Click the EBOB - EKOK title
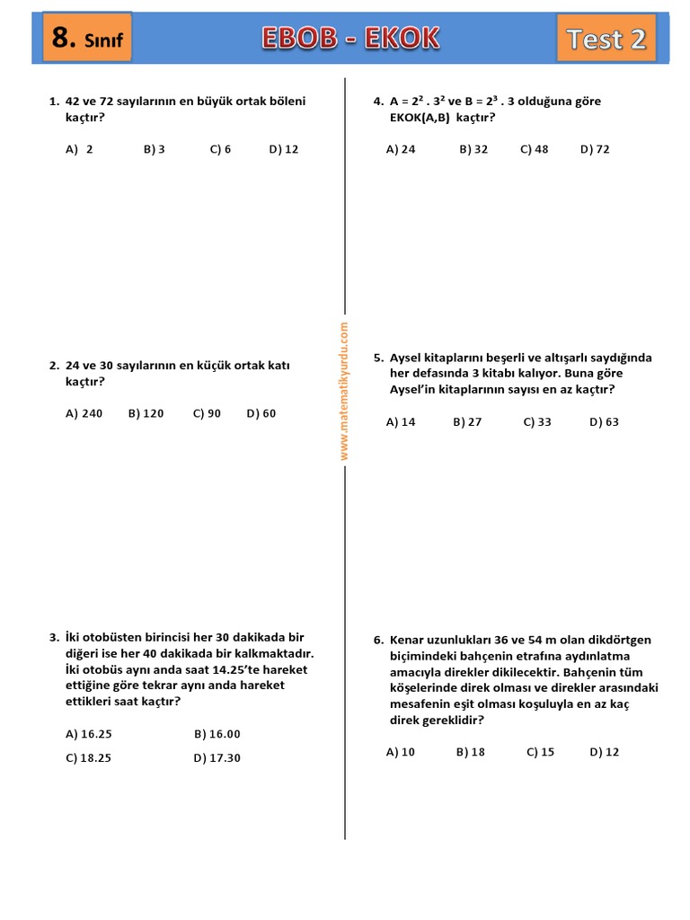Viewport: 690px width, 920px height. click(x=350, y=38)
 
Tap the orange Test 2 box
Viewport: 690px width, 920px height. click(x=606, y=39)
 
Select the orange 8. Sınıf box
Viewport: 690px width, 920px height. click(x=87, y=38)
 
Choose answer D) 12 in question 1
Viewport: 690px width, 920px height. click(x=283, y=149)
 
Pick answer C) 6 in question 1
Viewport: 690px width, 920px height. click(x=220, y=149)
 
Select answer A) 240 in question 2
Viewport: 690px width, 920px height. click(x=84, y=413)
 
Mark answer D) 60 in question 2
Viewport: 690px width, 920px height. click(x=261, y=413)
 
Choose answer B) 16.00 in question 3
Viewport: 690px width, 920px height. click(x=217, y=734)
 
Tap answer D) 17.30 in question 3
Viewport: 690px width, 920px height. click(x=217, y=757)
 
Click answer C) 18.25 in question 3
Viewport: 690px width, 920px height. click(x=89, y=757)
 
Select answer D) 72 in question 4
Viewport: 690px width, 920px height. click(x=595, y=149)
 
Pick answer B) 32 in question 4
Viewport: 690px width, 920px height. click(x=473, y=149)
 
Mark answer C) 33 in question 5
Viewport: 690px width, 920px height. click(x=537, y=421)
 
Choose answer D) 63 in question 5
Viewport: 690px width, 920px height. click(x=604, y=421)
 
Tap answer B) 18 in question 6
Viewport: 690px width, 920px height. click(x=470, y=752)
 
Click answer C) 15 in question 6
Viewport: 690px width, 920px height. click(x=540, y=752)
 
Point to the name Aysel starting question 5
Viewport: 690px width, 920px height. click(x=405, y=358)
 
